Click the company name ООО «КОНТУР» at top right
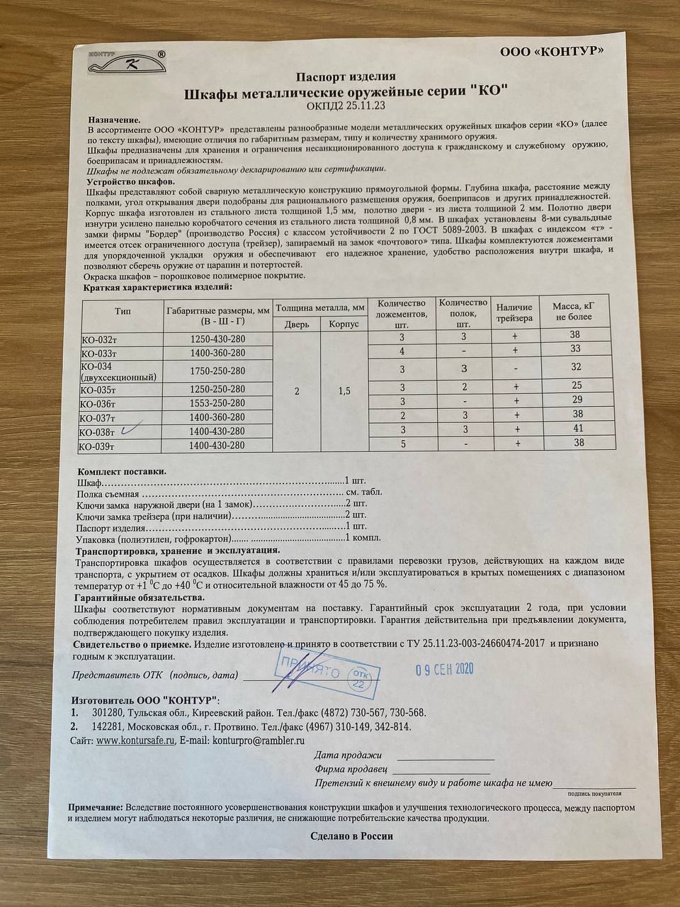tap(552, 51)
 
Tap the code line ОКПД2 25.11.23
tap(346, 106)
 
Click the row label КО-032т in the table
tap(100, 339)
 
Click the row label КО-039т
tap(100, 446)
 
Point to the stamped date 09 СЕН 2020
tap(444, 668)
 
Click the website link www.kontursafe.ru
tap(135, 740)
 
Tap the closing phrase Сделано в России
tap(351, 835)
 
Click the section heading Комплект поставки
tap(122, 471)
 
